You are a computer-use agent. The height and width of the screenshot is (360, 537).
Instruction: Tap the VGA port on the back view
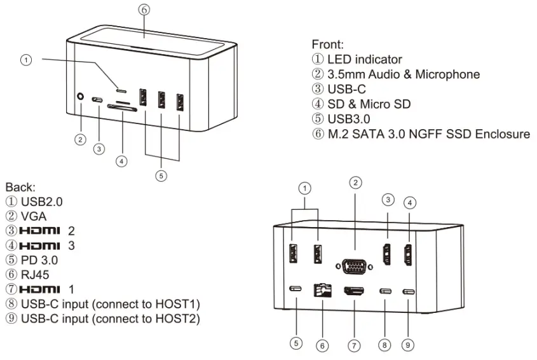355,266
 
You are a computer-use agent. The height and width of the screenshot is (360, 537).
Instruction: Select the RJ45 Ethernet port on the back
323,291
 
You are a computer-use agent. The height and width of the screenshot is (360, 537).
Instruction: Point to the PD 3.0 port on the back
296,289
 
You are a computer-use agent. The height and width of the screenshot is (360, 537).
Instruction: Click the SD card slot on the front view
121,109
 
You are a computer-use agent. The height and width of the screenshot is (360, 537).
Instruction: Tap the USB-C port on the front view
99,100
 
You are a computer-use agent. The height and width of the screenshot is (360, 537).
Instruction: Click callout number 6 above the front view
144,10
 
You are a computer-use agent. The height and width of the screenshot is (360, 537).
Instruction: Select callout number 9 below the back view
408,345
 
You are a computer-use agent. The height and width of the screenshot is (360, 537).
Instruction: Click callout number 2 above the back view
357,182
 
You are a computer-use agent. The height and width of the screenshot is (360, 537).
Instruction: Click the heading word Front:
328,45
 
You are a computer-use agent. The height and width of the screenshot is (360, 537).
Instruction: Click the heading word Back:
21,188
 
